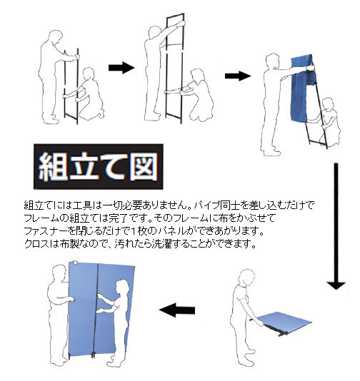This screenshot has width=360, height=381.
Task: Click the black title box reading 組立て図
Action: click(x=99, y=166)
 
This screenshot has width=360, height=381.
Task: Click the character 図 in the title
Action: click(x=144, y=167)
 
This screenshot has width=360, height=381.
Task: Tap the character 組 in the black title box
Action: click(x=53, y=167)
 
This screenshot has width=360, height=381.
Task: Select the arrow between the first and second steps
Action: click(x=121, y=68)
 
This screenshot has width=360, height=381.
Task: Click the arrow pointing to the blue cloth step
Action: click(x=238, y=76)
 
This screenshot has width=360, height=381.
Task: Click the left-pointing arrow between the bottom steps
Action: click(x=177, y=310)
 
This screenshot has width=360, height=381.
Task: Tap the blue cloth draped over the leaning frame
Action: click(x=301, y=88)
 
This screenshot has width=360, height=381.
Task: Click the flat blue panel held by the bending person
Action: click(x=284, y=323)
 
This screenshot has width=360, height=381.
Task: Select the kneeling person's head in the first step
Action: click(x=89, y=74)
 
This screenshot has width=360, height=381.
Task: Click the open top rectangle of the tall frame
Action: click(x=175, y=29)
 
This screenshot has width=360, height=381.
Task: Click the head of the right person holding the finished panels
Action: click(x=121, y=288)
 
